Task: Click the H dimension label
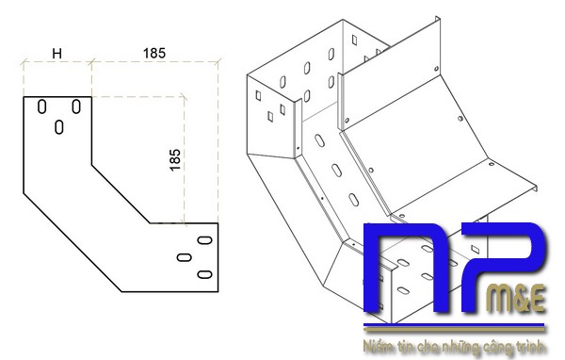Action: (56, 54)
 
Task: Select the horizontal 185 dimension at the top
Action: (155, 54)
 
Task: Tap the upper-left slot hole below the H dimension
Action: (41, 106)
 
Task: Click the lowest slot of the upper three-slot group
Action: (59, 125)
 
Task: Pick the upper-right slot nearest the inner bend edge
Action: (76, 106)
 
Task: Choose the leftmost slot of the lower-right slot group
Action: (185, 256)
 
